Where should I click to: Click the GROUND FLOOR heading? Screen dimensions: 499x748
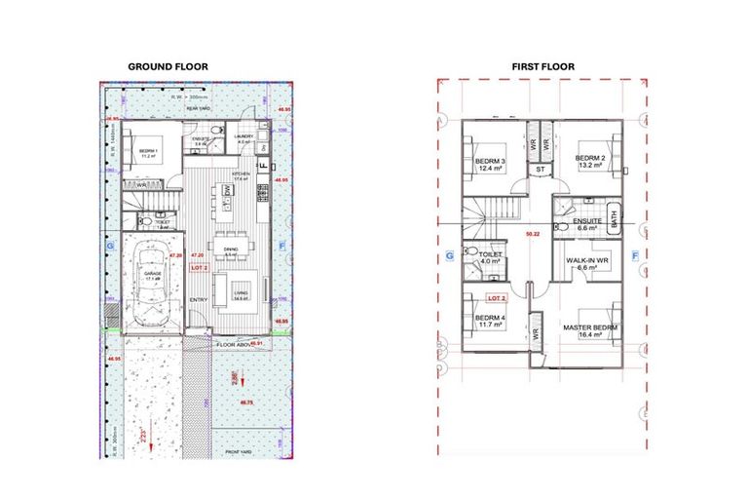(168, 66)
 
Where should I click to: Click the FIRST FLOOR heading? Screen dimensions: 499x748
(542, 66)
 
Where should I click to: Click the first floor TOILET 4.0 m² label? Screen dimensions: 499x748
(489, 257)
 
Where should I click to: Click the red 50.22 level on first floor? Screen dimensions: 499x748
(532, 235)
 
